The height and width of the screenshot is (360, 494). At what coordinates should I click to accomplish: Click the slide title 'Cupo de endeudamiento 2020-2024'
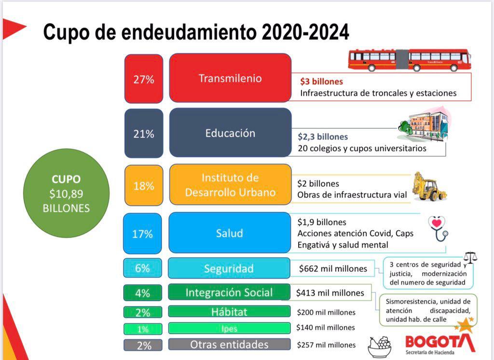click(x=196, y=32)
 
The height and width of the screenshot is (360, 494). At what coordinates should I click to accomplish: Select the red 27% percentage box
click(x=143, y=79)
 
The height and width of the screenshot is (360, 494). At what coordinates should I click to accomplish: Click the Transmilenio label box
click(x=230, y=78)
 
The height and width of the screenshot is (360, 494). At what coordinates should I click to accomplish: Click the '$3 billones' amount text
click(x=321, y=82)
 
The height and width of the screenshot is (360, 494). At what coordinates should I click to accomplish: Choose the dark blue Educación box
click(x=230, y=133)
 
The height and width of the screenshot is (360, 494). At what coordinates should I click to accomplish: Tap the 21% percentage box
click(x=143, y=134)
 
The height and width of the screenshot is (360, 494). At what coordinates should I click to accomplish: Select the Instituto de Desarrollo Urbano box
click(x=230, y=185)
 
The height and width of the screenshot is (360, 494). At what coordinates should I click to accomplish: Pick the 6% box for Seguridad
click(x=142, y=268)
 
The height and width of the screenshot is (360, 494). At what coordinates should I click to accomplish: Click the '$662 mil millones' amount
click(x=333, y=268)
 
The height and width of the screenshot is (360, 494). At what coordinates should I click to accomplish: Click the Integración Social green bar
click(x=229, y=292)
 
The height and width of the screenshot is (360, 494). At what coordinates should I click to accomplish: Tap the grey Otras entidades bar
click(x=229, y=345)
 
